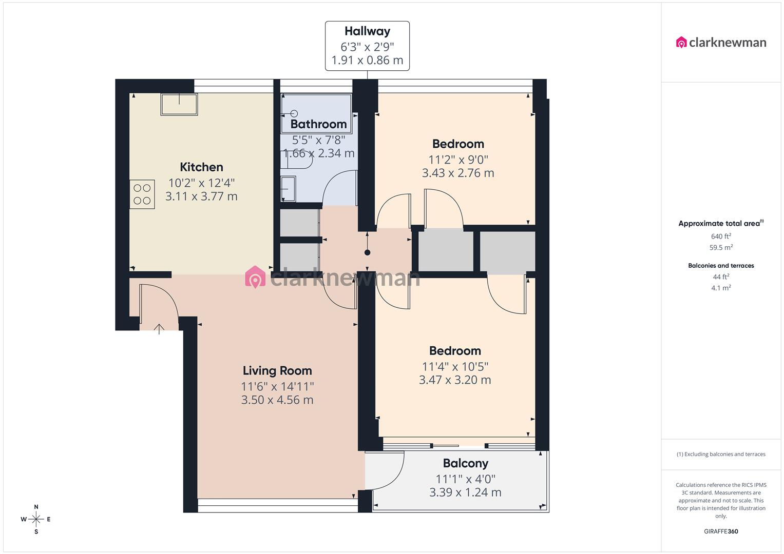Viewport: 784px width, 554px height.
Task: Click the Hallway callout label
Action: (x=367, y=32)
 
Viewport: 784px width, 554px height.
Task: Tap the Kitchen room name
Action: (x=201, y=167)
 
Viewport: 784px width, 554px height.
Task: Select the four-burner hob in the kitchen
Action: (x=142, y=194)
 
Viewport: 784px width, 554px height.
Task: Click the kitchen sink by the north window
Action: (x=179, y=105)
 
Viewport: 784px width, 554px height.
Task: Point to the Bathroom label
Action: (x=318, y=124)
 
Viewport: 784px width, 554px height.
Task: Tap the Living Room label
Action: (x=277, y=371)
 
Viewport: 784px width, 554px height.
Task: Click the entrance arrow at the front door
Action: (x=159, y=329)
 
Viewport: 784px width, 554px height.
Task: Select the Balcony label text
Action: (x=465, y=464)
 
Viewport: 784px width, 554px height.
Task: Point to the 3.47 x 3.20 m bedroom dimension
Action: (x=455, y=380)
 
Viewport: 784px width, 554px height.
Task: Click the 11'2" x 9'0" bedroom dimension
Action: (x=458, y=160)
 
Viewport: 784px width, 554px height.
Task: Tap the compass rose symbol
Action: (x=36, y=519)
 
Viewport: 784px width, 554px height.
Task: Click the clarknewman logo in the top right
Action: (x=721, y=43)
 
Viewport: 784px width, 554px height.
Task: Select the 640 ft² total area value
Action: (x=721, y=236)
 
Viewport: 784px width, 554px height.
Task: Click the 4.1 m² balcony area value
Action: (x=721, y=288)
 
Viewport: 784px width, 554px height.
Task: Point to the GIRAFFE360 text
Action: (x=721, y=531)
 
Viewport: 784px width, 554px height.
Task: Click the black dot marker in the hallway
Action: (x=367, y=252)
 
